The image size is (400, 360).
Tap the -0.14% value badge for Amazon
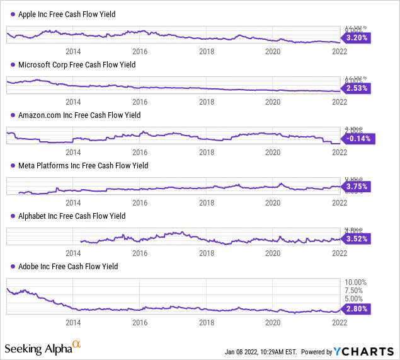(x=357, y=138)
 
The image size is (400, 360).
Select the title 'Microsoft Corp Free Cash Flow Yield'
(x=77, y=64)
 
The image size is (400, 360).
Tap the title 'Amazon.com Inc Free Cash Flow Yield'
(x=79, y=115)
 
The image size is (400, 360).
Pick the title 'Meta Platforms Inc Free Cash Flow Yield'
(x=83, y=165)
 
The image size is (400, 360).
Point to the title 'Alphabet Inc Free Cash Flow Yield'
(x=72, y=216)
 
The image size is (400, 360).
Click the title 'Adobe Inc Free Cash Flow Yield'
(x=68, y=266)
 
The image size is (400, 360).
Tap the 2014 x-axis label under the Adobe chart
(x=73, y=322)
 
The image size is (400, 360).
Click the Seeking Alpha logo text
(x=43, y=348)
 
